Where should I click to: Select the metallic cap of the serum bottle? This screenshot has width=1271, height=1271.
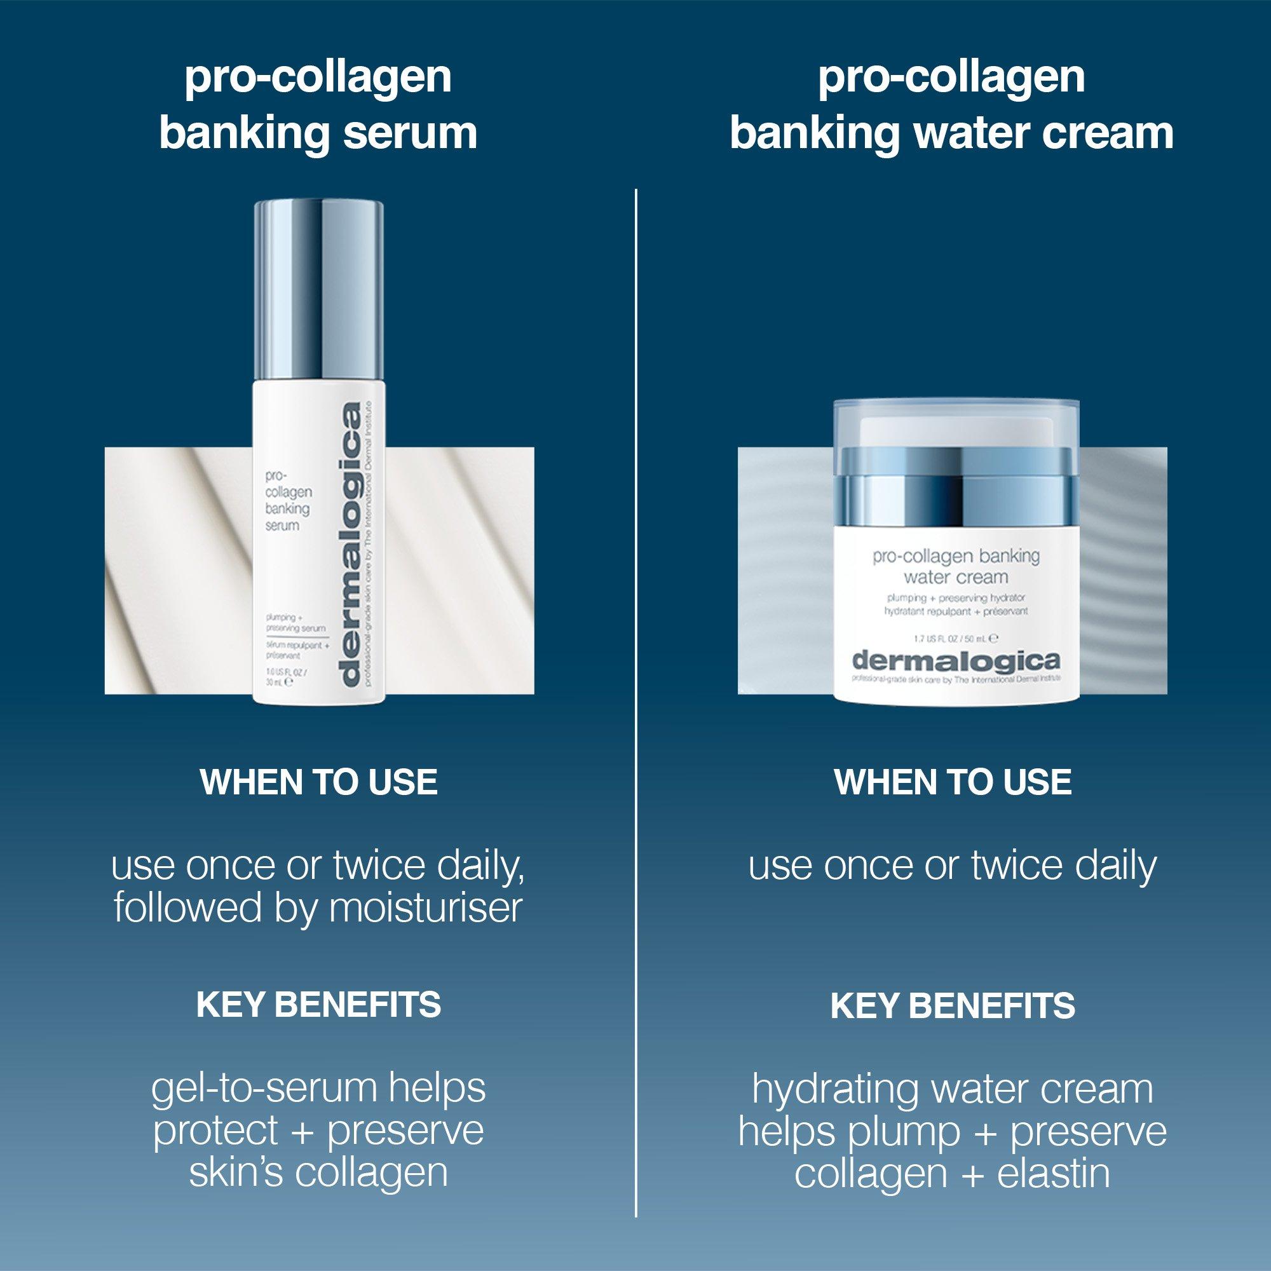(319, 289)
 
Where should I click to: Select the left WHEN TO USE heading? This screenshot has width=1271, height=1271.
(319, 782)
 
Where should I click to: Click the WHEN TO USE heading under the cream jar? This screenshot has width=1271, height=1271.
(953, 782)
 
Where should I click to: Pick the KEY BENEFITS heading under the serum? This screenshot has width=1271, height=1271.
(319, 1005)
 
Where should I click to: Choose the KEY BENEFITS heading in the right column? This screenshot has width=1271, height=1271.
(953, 1005)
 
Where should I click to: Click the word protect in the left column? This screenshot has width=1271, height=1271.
(216, 1131)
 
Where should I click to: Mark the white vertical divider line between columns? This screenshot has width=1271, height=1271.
(636, 658)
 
